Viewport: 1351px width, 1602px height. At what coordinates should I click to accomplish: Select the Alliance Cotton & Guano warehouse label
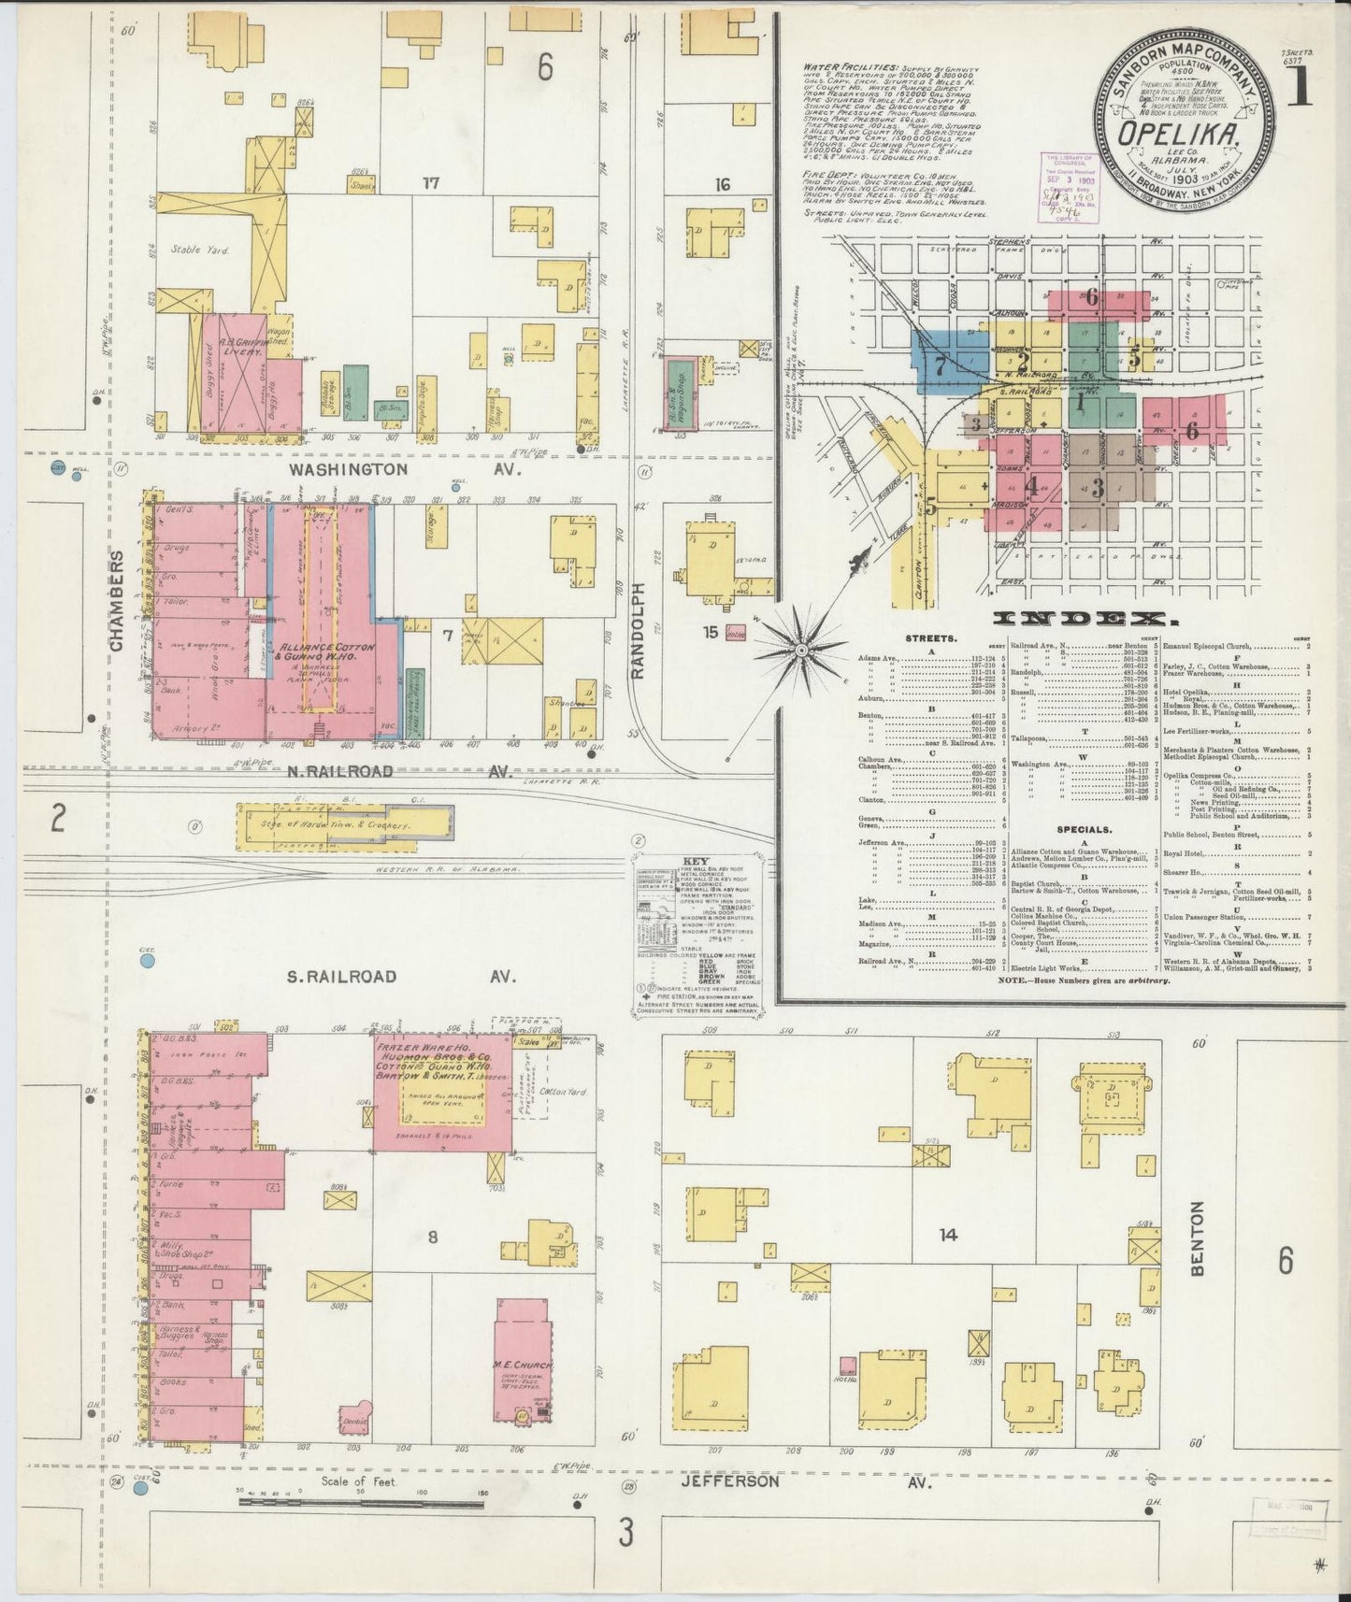(x=323, y=652)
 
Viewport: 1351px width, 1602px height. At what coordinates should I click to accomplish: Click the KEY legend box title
(x=697, y=861)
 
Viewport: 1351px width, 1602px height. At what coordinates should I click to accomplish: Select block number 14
(x=948, y=1235)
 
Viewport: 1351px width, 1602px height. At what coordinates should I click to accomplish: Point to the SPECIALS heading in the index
(x=1085, y=829)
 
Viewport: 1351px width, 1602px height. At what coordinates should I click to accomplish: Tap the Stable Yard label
(x=199, y=250)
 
